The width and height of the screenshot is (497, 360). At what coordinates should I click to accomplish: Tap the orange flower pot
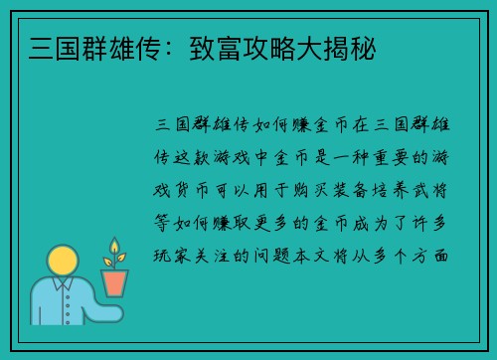115,282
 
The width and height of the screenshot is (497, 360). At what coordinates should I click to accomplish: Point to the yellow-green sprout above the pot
114,253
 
